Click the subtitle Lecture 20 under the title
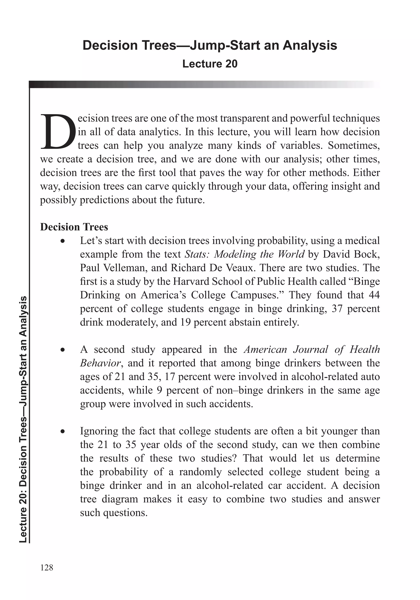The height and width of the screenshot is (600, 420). [x=210, y=64]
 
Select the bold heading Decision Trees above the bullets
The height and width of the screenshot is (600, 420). [x=74, y=227]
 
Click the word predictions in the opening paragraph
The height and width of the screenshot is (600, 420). [x=104, y=200]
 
